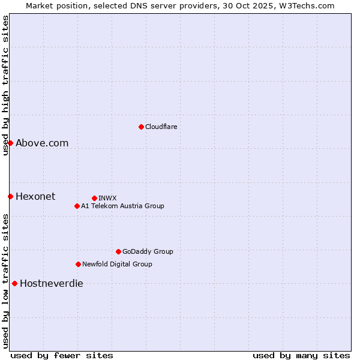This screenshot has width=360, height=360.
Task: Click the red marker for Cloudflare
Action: tap(141, 127)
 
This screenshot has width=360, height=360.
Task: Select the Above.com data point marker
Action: tap(10, 143)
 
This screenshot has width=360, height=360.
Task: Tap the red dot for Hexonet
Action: tap(10, 196)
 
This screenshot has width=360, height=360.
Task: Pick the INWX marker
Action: tap(94, 198)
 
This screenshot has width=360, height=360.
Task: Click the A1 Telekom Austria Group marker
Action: tap(77, 206)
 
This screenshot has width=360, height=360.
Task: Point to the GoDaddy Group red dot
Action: tap(118, 251)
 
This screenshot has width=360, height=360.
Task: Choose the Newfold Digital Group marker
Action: tap(78, 264)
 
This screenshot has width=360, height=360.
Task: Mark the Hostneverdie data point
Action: tap(14, 283)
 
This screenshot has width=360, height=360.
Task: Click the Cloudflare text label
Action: tap(161, 127)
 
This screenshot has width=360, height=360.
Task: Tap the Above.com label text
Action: tap(42, 143)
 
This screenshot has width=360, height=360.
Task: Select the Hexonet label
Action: tap(35, 196)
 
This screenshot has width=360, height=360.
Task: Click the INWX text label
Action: tap(107, 198)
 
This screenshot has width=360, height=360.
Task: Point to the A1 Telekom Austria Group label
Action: tap(122, 206)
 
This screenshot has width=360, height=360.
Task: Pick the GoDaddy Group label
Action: tap(148, 251)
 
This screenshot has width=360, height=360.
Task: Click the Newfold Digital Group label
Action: tap(117, 264)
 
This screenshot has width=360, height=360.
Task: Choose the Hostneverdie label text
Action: tap(52, 283)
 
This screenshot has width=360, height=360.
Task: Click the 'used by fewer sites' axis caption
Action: tap(62, 355)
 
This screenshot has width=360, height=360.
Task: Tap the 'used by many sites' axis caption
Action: tap(301, 355)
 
